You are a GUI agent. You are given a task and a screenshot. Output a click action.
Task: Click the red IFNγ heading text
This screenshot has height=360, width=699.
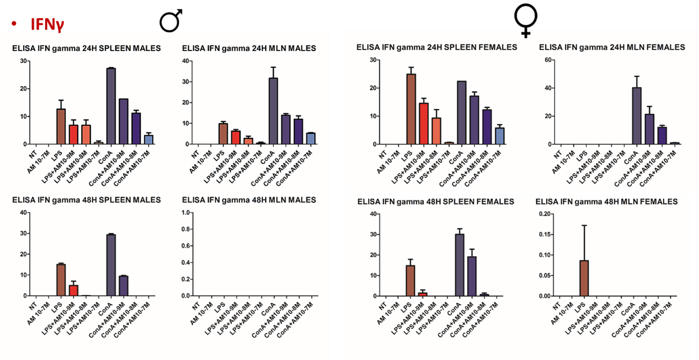pos(48,24)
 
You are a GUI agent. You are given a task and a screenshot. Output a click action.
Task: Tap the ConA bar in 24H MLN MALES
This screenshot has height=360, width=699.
pos(273,111)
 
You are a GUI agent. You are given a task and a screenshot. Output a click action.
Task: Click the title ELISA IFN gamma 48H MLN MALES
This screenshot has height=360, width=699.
pos(249,200)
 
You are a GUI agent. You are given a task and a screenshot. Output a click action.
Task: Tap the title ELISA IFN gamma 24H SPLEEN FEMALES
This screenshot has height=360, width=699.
pos(436,47)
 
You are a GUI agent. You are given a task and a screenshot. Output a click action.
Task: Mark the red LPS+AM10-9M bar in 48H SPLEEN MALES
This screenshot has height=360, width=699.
pos(74,290)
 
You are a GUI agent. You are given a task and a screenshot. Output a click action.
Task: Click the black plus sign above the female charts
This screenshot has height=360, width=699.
pos(526,33)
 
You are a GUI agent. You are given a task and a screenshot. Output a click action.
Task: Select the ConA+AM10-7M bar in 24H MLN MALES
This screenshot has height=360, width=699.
pos(310,138)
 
